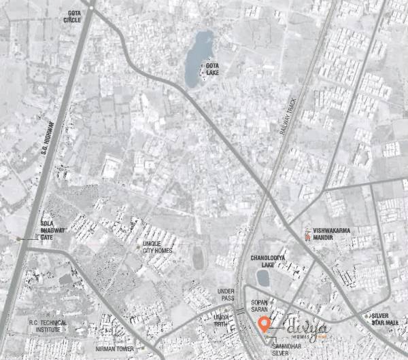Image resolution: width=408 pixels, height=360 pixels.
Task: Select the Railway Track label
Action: [288, 116]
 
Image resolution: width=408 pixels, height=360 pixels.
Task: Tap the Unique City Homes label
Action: [157, 247]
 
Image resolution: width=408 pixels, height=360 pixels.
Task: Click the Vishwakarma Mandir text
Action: [333, 234]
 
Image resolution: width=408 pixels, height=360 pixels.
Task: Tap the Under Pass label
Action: [226, 294]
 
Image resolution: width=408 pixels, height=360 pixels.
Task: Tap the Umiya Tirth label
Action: [222, 321]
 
